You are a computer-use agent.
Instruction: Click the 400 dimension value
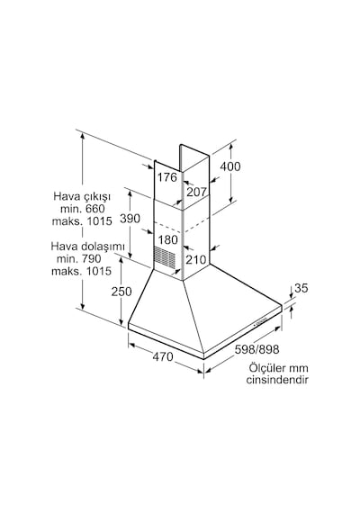click(x=230, y=166)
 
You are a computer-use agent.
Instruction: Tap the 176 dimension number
click(x=167, y=177)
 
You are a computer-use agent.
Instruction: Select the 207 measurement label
click(x=196, y=192)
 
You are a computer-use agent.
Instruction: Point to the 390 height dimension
click(x=130, y=218)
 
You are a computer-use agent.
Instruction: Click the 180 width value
click(x=168, y=239)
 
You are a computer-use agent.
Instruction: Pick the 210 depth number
click(x=196, y=260)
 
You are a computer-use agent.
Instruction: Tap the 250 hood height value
click(x=121, y=292)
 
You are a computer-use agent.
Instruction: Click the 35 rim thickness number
click(x=301, y=288)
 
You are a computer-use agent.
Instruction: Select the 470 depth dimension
click(x=163, y=356)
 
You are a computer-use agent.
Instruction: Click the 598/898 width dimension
click(x=256, y=349)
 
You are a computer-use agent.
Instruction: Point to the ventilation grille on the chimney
click(x=165, y=256)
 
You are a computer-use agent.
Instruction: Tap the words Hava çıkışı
click(x=82, y=196)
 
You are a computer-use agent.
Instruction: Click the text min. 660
click(x=83, y=209)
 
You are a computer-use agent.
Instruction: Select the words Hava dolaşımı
click(x=87, y=247)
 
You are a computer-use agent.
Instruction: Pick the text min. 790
click(x=79, y=259)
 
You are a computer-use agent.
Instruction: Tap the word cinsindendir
click(x=277, y=380)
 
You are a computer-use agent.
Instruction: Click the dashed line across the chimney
click(x=181, y=225)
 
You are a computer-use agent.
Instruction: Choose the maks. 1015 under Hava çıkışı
click(x=82, y=220)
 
